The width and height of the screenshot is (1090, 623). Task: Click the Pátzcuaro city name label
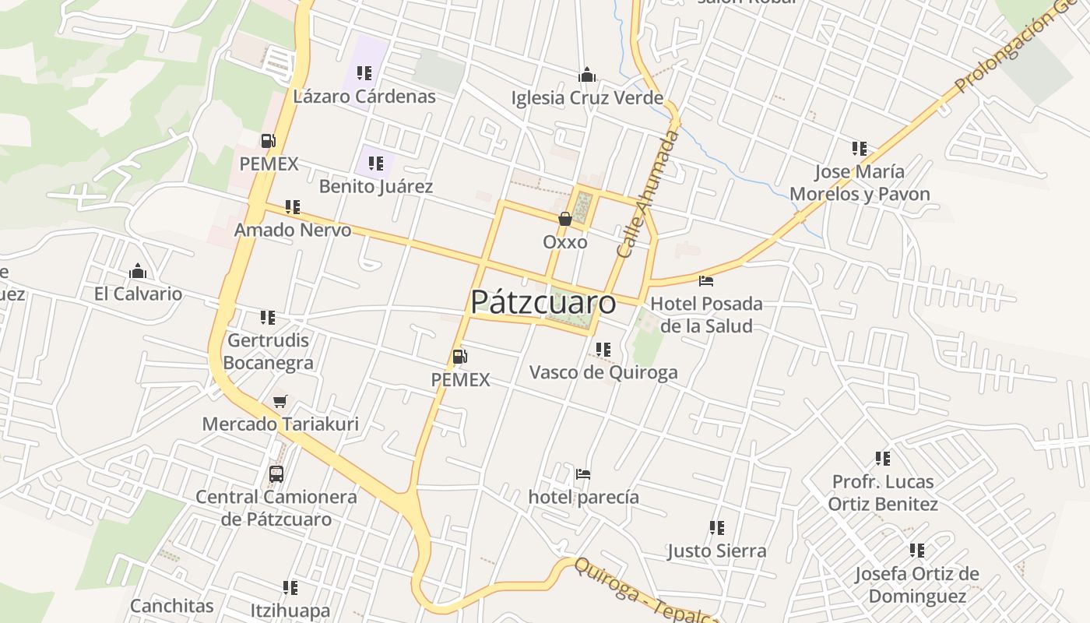(x=543, y=302)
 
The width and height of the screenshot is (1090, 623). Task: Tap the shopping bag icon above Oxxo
(x=565, y=220)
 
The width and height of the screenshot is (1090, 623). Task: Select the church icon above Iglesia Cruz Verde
(x=587, y=75)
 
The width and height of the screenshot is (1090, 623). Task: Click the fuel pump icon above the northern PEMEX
(x=269, y=141)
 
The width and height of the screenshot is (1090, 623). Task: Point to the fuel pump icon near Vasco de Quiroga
(x=460, y=357)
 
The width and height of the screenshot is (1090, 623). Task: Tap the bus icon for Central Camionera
(x=276, y=473)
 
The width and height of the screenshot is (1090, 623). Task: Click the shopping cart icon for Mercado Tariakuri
(x=280, y=401)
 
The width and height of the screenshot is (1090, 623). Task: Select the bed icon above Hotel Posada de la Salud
(x=706, y=280)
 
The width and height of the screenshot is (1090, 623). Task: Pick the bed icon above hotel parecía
(x=583, y=473)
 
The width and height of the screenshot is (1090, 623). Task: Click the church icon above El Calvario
(x=138, y=271)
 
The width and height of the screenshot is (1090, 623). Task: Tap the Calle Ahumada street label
(x=648, y=194)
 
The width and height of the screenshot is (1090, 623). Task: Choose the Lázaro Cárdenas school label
(x=364, y=97)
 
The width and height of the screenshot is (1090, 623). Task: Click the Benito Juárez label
(x=376, y=187)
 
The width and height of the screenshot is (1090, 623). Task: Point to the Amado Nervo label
(x=293, y=231)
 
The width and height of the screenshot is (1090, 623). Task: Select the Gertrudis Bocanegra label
(x=269, y=352)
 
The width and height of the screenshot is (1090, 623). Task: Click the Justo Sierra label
(x=717, y=551)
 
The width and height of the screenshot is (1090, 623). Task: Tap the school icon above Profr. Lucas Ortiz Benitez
(x=882, y=458)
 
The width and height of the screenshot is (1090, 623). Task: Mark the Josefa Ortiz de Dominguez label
(x=916, y=585)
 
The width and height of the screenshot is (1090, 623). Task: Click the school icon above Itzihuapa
(x=290, y=587)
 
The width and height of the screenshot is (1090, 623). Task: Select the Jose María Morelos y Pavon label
(x=860, y=183)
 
